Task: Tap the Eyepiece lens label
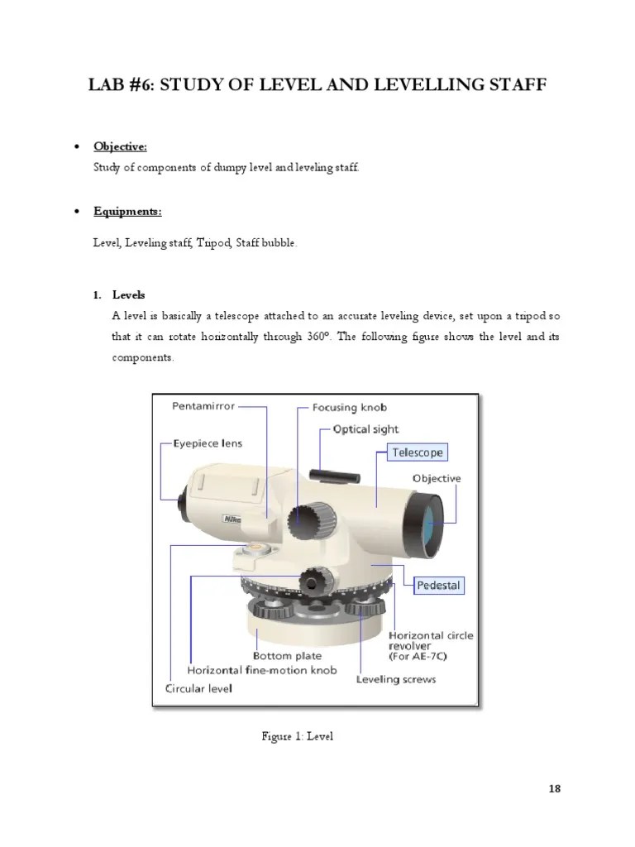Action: (208, 443)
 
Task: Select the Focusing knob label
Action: (350, 408)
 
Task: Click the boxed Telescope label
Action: (418, 452)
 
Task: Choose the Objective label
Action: (437, 478)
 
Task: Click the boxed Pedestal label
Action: (439, 585)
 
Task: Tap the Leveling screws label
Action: (396, 679)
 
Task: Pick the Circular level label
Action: (199, 687)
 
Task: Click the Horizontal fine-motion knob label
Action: (263, 670)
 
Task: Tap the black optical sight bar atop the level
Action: (334, 475)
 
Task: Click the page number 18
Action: (554, 788)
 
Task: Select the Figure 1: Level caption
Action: (297, 735)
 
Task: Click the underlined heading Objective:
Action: (120, 146)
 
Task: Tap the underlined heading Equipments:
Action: (127, 212)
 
